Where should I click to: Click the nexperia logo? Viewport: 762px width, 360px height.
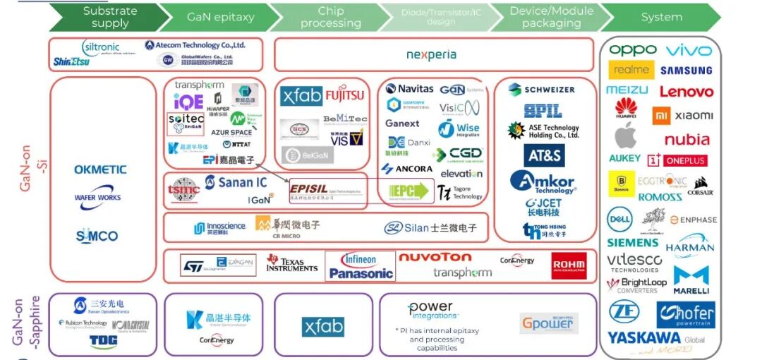coord(431,54)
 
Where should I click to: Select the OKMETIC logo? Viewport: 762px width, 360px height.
coord(101,169)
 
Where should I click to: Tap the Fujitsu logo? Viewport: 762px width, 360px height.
coord(345,94)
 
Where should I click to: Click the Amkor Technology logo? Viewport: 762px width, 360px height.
coord(543,182)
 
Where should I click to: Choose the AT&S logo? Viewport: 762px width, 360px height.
coord(544,155)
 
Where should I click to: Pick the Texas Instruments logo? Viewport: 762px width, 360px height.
coord(292,263)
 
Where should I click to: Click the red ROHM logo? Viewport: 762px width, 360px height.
coord(569,265)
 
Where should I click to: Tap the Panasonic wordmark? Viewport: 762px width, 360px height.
coord(361,273)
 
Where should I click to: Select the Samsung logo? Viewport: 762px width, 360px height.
coord(686,71)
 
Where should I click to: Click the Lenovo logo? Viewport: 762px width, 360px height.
coord(686,92)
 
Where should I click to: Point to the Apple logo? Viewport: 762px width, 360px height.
coord(625,135)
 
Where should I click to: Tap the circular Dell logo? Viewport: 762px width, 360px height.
coord(619,218)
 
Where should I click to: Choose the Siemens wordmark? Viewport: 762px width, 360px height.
coord(632,243)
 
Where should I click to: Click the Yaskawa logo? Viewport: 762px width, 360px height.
coord(645,338)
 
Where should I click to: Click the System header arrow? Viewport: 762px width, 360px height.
coord(661,17)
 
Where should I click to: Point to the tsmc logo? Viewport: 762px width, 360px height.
coord(184,189)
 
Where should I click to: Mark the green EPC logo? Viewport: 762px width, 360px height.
coord(410,191)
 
